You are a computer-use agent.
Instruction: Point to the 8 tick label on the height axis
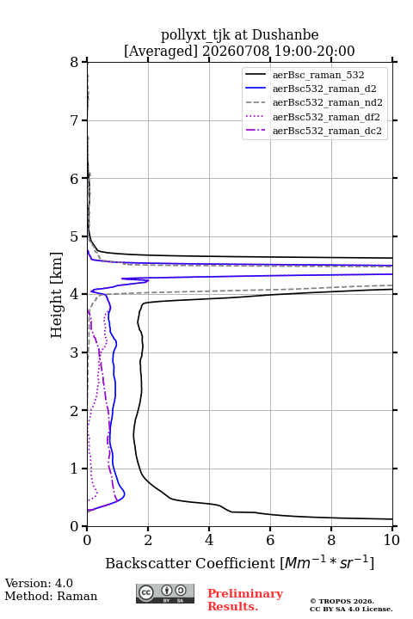click(x=75, y=62)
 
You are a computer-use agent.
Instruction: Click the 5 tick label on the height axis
click(x=75, y=236)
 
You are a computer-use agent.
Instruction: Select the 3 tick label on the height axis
click(x=75, y=352)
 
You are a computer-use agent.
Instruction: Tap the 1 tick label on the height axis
click(x=75, y=469)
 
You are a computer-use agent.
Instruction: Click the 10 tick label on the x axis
click(x=391, y=540)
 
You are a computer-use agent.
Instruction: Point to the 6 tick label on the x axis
click(x=270, y=540)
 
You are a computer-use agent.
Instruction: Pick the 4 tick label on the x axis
click(x=209, y=540)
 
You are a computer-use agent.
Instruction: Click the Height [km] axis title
click(x=57, y=295)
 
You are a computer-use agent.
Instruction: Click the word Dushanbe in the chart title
click(x=286, y=35)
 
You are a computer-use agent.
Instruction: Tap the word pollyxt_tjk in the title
click(x=195, y=35)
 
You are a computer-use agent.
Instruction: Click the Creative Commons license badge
click(x=165, y=594)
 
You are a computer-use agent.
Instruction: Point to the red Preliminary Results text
click(x=245, y=600)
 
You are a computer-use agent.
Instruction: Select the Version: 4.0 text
click(x=39, y=584)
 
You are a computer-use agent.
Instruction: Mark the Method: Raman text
click(x=51, y=596)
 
